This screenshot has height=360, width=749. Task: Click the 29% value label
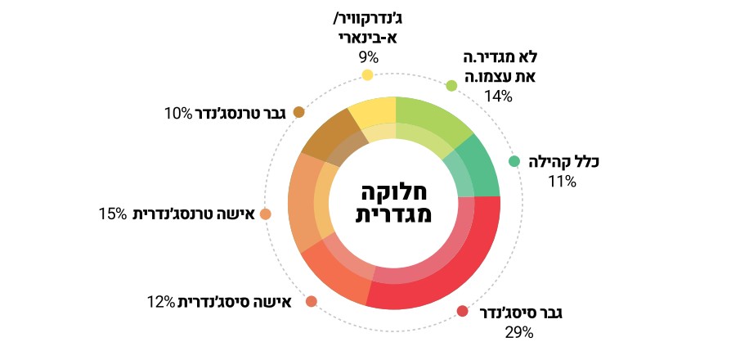(519, 332)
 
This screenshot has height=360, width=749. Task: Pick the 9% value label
(368, 57)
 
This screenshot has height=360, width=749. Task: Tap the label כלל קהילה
(563, 162)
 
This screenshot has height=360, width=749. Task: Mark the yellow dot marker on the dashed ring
(367, 75)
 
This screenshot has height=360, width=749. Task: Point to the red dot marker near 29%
(462, 311)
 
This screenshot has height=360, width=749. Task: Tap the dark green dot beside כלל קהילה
(514, 161)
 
